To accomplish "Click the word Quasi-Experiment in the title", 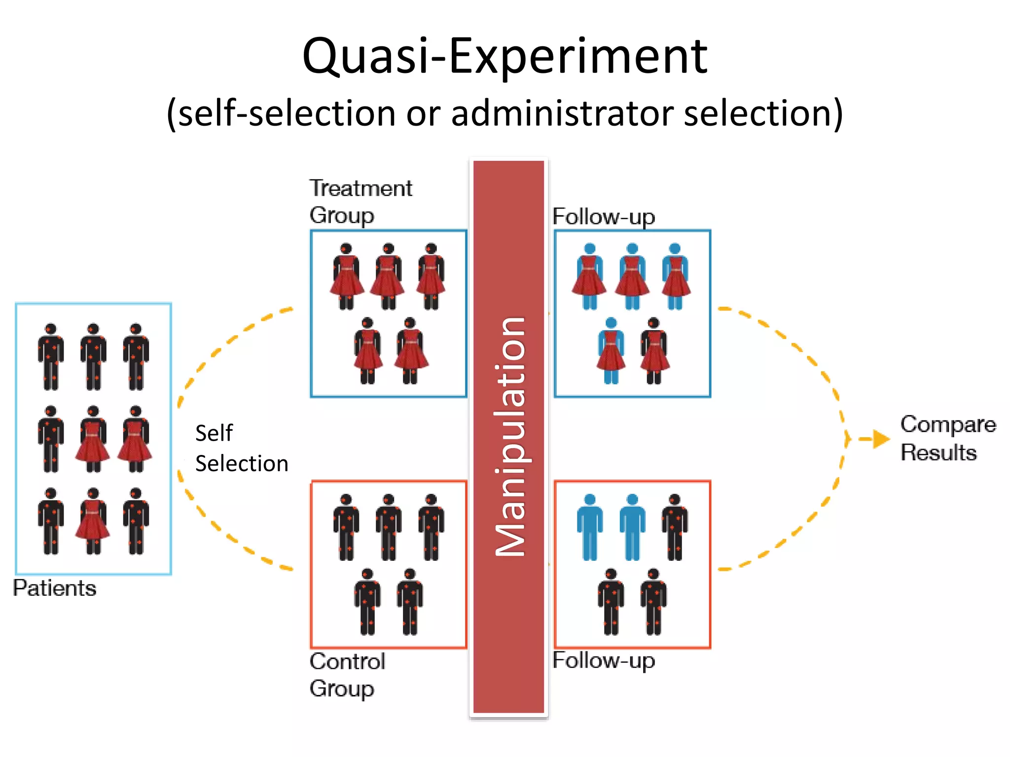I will (505, 57).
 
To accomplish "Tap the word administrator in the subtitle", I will (562, 113).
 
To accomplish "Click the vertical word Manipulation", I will (510, 437).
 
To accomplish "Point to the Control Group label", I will (347, 675).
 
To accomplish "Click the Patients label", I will (55, 588).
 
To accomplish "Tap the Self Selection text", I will (241, 448).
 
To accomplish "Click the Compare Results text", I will (947, 438).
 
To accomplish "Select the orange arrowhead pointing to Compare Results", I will (881, 439).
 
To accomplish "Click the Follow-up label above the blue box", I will (603, 217).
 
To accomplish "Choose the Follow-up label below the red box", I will (603, 660).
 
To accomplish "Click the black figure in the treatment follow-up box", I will (654, 351).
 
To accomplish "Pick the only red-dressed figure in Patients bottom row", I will (93, 521).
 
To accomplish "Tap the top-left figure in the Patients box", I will (50, 357).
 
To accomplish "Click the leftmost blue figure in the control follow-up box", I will (590, 527).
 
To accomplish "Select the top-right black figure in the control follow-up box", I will (675, 527).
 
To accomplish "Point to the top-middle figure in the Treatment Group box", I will (388, 276).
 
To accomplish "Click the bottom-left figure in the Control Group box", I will (367, 602).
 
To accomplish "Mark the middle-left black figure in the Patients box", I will (50, 439).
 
